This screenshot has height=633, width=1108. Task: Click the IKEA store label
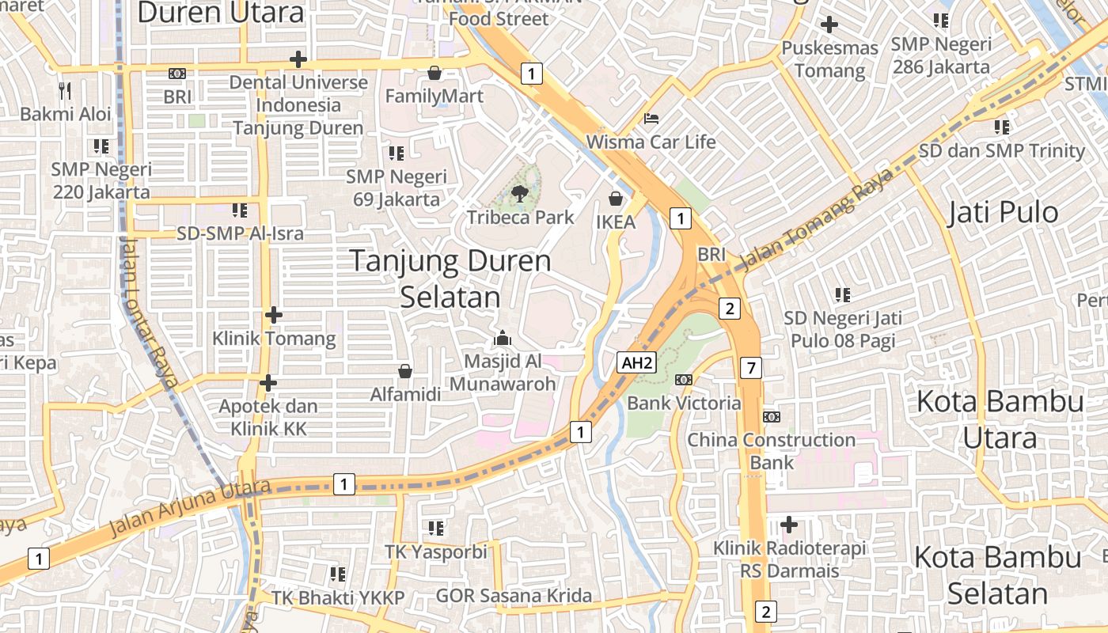616,222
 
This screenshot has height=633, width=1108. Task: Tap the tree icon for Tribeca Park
520,193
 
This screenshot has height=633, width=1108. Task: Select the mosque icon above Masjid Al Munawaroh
503,339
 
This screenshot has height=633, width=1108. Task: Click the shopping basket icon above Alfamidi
405,370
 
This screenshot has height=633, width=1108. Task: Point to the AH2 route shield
637,363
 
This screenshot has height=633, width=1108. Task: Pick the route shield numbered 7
751,367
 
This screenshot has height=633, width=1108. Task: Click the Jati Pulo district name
1003,212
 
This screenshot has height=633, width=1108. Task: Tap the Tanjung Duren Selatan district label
450,279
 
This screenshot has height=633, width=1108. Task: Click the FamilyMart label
434,96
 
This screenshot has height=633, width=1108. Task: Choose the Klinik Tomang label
274,339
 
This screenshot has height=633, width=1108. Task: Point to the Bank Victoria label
684,403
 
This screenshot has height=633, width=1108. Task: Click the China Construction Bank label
771,450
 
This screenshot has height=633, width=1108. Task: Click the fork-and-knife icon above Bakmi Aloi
65,91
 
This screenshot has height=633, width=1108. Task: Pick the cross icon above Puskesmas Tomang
829,25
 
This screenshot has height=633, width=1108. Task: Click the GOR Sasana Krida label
514,596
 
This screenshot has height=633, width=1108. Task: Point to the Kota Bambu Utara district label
1000,419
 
